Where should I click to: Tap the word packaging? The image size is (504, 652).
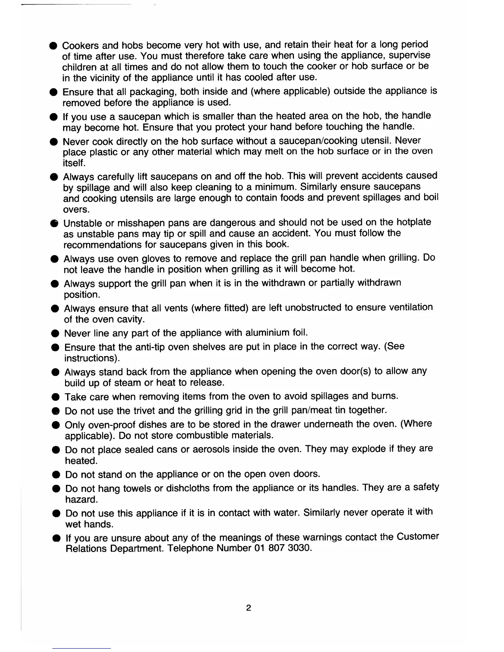click(154, 91)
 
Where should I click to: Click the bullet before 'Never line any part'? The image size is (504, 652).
click(54, 333)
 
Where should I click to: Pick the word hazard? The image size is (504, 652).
click(82, 500)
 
